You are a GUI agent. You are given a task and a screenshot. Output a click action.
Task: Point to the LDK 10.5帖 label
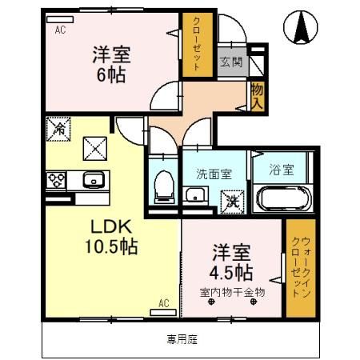click(106, 235)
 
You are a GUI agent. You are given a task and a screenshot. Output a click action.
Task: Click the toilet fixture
click(162, 185)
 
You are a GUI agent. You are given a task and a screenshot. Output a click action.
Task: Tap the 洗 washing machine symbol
click(231, 198)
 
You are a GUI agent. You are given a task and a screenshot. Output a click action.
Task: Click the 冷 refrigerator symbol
click(58, 126)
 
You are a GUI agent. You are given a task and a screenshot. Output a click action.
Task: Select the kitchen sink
click(94, 179)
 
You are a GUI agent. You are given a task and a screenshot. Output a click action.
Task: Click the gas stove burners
click(56, 179)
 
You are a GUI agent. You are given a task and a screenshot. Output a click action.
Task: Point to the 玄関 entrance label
click(231, 62)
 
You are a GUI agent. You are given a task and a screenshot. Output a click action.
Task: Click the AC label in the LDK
click(163, 302)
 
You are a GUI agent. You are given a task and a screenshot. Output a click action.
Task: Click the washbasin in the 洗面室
click(194, 195)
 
